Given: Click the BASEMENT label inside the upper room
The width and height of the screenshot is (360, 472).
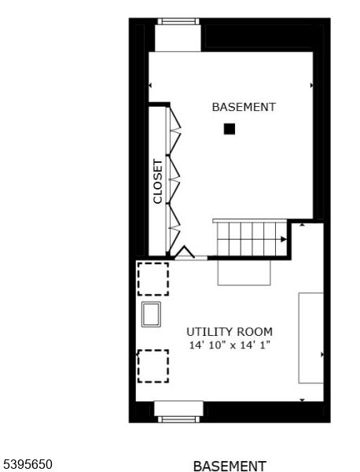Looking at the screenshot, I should [x=244, y=107].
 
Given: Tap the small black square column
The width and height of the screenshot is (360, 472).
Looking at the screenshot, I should [x=229, y=129].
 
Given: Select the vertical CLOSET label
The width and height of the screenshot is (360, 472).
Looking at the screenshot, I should [x=158, y=182].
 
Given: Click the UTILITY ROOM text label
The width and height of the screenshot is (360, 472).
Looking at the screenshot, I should [x=230, y=331].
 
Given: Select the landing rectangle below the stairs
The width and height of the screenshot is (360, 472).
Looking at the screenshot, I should [x=244, y=272].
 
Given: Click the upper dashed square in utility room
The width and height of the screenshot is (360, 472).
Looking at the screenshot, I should [x=152, y=278].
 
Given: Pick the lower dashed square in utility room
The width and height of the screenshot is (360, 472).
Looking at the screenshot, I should [x=152, y=366].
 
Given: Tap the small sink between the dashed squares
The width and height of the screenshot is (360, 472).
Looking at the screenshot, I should [x=152, y=314].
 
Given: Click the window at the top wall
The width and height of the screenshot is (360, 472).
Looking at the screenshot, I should [x=178, y=22].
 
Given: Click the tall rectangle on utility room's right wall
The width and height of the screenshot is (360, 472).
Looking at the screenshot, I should [x=310, y=337].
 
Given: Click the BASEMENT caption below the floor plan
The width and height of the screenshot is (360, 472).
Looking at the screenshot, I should [x=230, y=466].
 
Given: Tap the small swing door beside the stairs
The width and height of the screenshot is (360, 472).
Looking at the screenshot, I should [x=185, y=253].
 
